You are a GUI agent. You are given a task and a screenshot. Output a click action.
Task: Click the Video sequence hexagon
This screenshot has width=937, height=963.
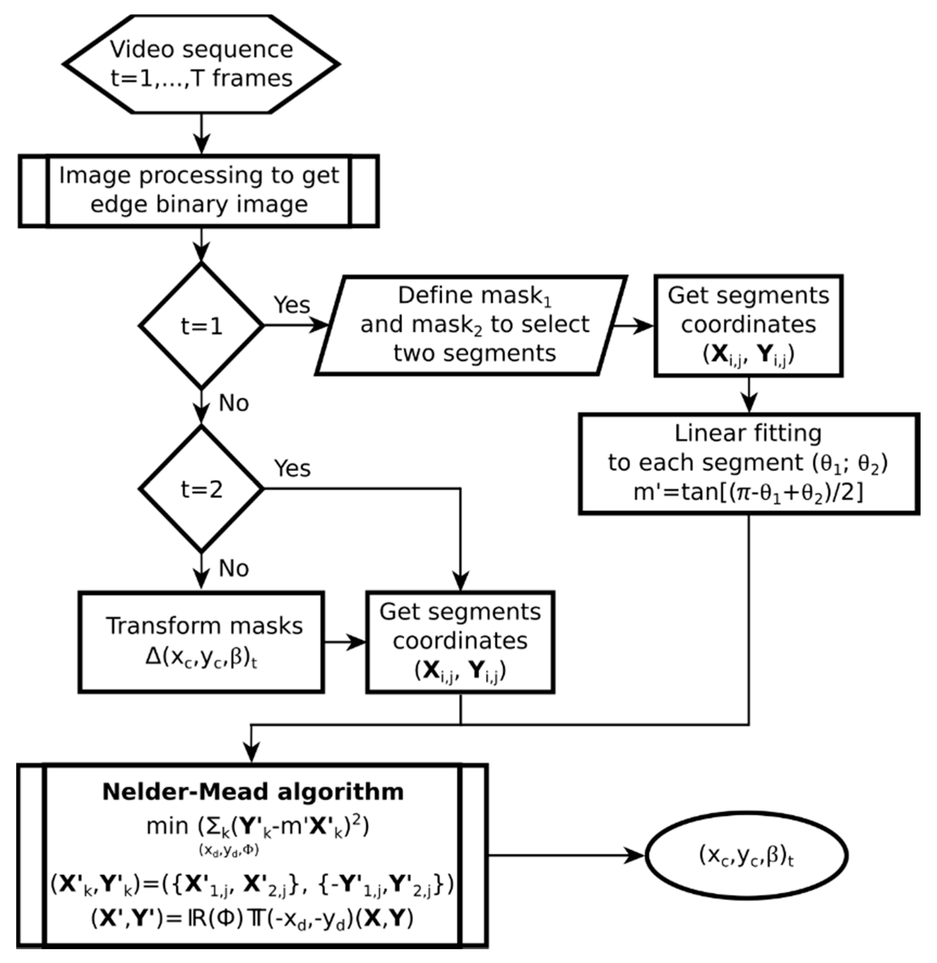coord(201,64)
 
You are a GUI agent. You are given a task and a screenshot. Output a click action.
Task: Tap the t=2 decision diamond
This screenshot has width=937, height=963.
coord(201,489)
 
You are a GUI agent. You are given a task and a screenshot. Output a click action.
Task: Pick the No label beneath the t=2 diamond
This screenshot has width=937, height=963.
coord(233,569)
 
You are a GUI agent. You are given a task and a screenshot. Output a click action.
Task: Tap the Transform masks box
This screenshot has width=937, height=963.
coord(201,642)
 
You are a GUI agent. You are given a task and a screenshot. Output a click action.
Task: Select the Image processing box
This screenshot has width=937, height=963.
coord(199,191)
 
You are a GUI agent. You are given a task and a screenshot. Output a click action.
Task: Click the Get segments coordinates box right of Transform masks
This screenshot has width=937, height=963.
coord(460,642)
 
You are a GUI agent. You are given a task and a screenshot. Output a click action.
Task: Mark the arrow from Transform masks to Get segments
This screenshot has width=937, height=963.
coord(345,642)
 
